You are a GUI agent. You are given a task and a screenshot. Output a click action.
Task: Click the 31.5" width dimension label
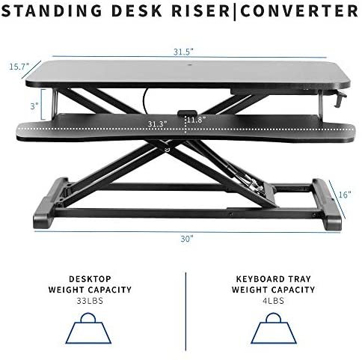click(x=183, y=52)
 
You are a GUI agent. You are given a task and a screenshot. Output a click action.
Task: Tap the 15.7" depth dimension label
click(x=19, y=67)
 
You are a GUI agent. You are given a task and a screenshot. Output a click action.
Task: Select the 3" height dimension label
click(x=34, y=106)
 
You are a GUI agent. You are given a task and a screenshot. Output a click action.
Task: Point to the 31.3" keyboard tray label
click(x=157, y=123)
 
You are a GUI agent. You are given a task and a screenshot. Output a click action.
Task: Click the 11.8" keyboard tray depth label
click(x=197, y=120)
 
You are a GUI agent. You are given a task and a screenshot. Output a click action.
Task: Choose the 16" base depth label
click(x=345, y=195)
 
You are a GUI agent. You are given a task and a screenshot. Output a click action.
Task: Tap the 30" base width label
click(x=187, y=239)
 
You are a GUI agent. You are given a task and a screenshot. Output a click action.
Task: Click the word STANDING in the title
click(x=52, y=11)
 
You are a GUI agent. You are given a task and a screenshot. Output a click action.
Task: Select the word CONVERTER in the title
click(x=299, y=11)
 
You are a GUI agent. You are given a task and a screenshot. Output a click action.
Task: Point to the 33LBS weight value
click(x=90, y=301)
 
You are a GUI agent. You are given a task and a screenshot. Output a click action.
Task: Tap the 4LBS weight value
click(x=273, y=301)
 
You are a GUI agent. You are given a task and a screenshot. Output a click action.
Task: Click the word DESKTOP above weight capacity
click(x=90, y=279)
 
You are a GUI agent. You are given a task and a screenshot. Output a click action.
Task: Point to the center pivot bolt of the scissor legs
click(x=168, y=150)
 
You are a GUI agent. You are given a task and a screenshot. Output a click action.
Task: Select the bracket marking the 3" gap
click(x=43, y=104)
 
